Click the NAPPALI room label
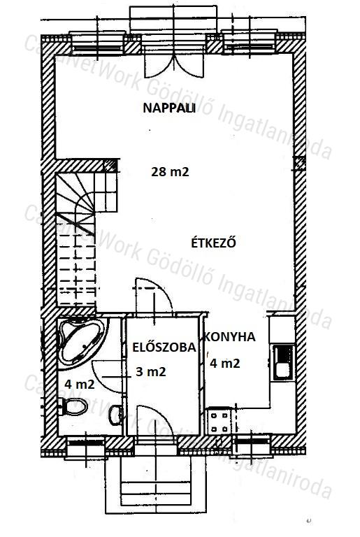tap(169, 108)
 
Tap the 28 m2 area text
tap(170, 171)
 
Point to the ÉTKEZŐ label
tap(213, 243)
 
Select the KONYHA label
tap(230, 337)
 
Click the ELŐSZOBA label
tap(164, 347)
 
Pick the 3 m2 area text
tap(151, 371)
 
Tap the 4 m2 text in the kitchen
tap(224, 363)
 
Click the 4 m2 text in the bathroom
tap(80, 385)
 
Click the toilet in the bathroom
tap(73, 406)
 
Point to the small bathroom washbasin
tap(116, 415)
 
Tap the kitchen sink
tap(283, 363)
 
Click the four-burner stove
tap(219, 422)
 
